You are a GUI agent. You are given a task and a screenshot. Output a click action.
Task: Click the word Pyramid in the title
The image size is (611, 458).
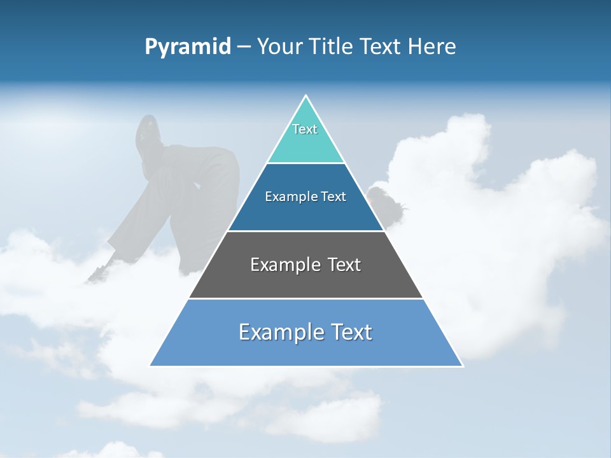coord(187,47)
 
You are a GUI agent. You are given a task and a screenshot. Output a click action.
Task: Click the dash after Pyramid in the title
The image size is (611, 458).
coord(244,47)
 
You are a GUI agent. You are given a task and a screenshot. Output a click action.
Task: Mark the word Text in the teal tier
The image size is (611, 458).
coord(305,129)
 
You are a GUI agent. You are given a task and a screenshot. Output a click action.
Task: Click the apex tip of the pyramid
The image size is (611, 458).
coord(306,97)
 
